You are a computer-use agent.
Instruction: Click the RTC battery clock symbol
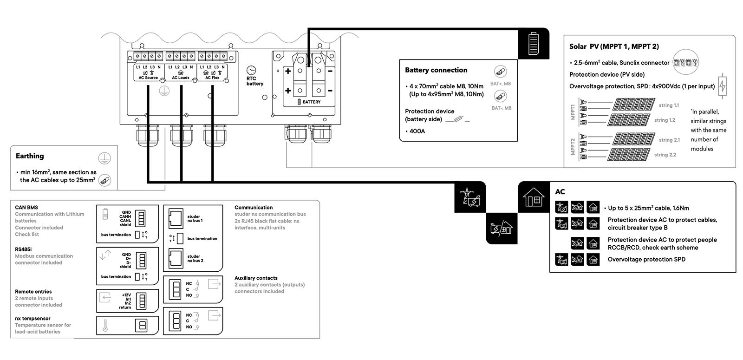click(251, 70)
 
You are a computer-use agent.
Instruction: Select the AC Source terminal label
click(148, 78)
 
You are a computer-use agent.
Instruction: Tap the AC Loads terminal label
click(181, 78)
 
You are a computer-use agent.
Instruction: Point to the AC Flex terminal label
click(212, 78)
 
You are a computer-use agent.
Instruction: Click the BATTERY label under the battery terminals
click(311, 102)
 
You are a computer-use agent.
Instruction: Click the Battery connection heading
click(436, 70)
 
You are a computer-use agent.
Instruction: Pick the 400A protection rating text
click(417, 131)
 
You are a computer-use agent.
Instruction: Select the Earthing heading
click(30, 156)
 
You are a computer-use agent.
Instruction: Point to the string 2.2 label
click(665, 155)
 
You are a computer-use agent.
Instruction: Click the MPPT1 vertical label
click(573, 112)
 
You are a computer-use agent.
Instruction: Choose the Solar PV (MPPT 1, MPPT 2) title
click(614, 46)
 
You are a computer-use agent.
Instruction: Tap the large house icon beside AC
click(534, 197)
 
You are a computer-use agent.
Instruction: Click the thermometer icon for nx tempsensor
click(105, 325)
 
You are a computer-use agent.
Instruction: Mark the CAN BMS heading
click(26, 208)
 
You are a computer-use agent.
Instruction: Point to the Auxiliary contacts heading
click(256, 278)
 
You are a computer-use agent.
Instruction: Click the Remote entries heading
click(33, 292)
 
